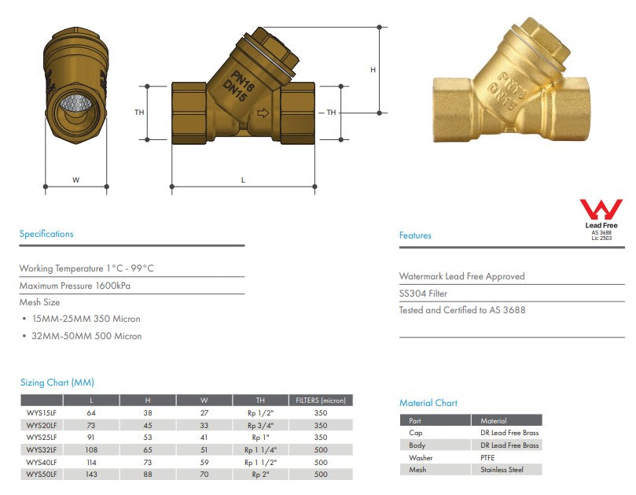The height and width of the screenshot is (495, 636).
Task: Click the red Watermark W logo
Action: [601, 209]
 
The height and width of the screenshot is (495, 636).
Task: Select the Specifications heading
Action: [46, 234]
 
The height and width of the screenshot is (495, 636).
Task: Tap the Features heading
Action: [415, 235]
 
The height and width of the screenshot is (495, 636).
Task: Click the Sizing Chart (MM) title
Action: [57, 382]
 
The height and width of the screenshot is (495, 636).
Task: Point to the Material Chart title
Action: [428, 403]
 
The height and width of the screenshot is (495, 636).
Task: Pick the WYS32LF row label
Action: [41, 449]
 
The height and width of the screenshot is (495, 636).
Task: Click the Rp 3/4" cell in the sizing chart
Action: [261, 425]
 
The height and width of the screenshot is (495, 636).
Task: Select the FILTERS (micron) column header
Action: [319, 401]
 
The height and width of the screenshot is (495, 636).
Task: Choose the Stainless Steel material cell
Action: [502, 470]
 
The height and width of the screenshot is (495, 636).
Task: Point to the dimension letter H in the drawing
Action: [373, 70]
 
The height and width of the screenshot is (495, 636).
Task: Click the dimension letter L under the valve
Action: [243, 180]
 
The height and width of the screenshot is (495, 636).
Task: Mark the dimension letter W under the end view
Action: [76, 180]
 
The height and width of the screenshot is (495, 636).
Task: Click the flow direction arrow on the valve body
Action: [263, 113]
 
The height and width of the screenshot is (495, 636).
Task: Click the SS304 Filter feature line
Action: [423, 294]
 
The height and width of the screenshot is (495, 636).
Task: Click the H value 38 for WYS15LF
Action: [148, 412]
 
